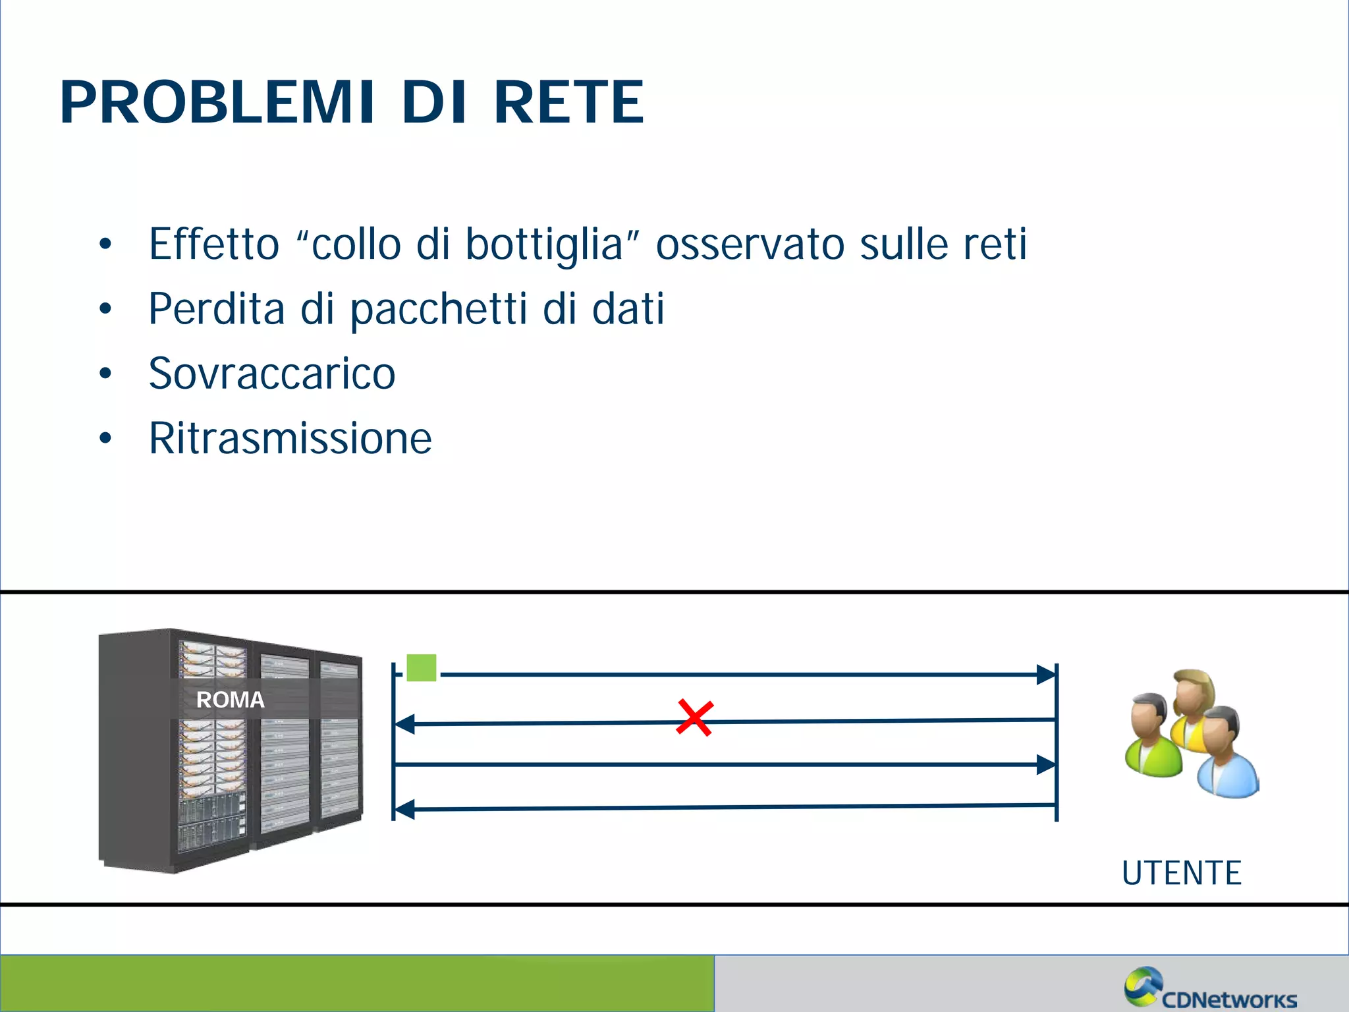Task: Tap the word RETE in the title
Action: (568, 102)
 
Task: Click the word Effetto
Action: (214, 244)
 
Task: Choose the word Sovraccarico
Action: (271, 374)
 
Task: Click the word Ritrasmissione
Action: (290, 438)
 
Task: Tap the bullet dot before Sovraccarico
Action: (105, 374)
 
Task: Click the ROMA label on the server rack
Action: (230, 700)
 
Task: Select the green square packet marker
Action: (422, 667)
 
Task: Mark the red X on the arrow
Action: (694, 718)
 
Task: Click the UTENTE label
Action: (1182, 873)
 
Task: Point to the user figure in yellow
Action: (1194, 705)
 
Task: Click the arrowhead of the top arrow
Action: (1046, 675)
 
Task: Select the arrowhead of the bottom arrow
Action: (404, 809)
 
